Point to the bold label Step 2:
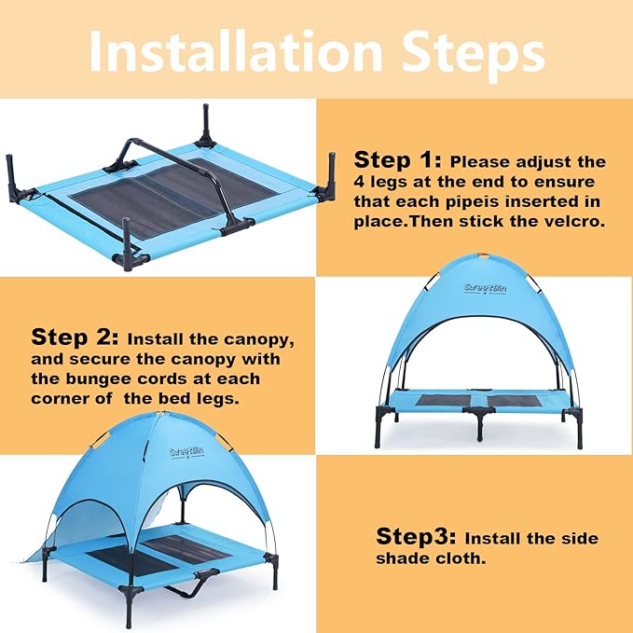pyautogui.click(x=75, y=337)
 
